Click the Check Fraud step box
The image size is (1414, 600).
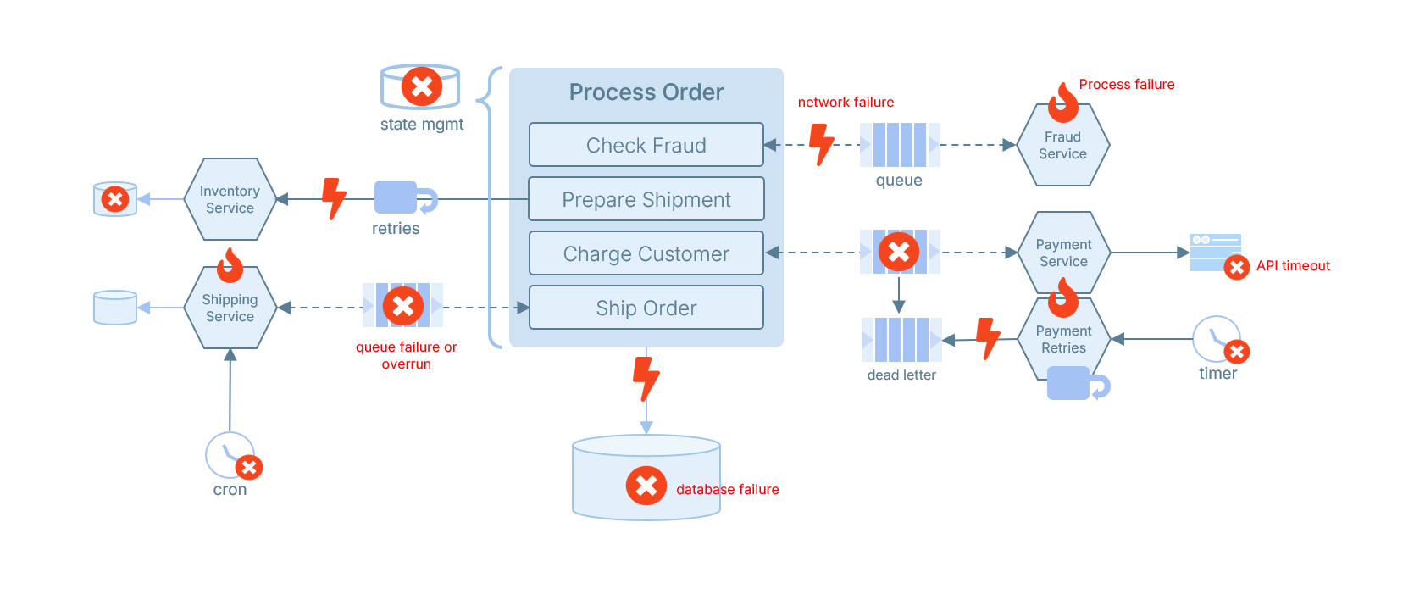(646, 145)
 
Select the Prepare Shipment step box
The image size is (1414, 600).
(646, 199)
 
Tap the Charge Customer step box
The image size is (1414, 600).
(646, 253)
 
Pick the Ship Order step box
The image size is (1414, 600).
(646, 308)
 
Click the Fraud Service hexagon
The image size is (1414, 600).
(1063, 145)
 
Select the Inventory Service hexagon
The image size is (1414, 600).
(230, 199)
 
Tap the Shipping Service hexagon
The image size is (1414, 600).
(230, 308)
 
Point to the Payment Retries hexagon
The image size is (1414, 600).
(1063, 339)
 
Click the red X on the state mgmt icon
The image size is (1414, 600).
(422, 86)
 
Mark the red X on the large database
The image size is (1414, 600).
(646, 486)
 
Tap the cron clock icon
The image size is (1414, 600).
(230, 455)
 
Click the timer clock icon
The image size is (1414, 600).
(1217, 339)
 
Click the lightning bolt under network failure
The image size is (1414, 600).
(821, 145)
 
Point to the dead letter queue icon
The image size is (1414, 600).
(901, 340)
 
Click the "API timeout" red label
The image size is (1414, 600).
(1293, 266)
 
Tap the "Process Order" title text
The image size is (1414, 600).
(646, 92)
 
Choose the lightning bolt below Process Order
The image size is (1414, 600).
(646, 379)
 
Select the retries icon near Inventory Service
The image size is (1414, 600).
(406, 197)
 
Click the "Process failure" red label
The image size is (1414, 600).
(1127, 85)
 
